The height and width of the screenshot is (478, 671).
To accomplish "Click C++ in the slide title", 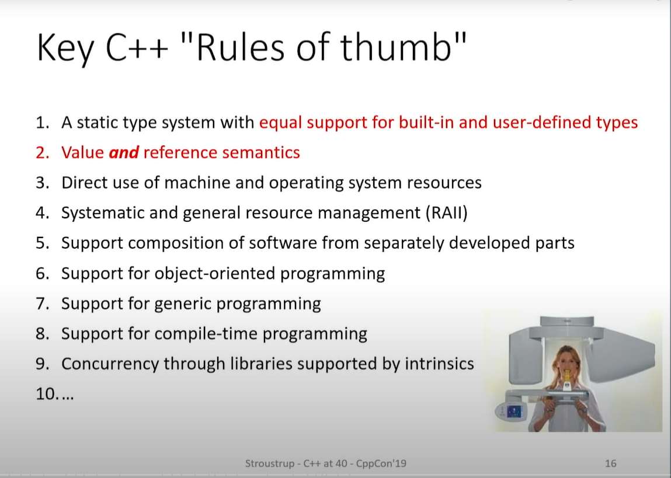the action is (x=137, y=47).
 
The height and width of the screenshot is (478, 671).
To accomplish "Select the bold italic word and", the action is (x=124, y=153).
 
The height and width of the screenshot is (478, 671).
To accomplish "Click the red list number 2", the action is (x=43, y=153).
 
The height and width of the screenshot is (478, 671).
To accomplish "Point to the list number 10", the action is (x=46, y=394).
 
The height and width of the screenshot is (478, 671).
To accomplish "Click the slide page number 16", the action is (x=611, y=463).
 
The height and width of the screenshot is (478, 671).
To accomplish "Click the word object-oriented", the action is (x=214, y=273).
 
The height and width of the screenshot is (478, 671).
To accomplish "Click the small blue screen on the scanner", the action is (x=513, y=411).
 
